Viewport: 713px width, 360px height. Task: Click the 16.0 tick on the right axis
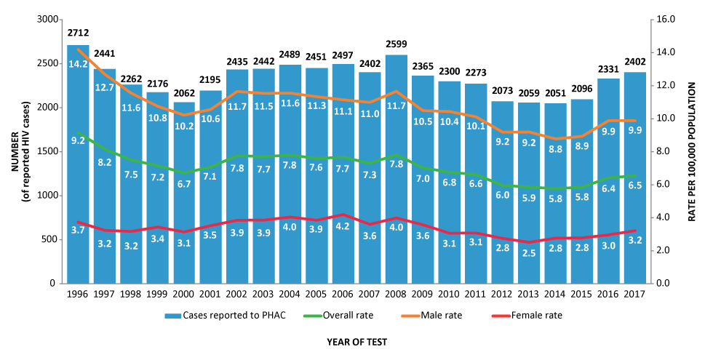tap(667, 19)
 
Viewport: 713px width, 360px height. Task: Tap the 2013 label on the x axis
tap(528, 293)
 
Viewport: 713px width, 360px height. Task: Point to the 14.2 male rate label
tap(78, 63)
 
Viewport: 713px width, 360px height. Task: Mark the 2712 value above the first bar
tap(78, 33)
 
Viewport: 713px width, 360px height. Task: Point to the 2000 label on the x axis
tap(184, 293)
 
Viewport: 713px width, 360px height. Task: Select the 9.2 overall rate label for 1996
tap(78, 140)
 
